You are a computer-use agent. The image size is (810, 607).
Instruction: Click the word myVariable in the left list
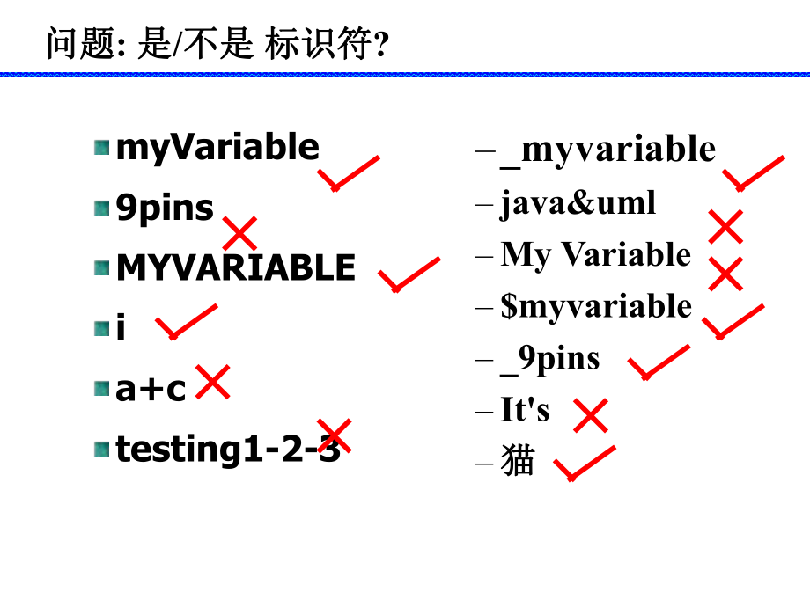217,147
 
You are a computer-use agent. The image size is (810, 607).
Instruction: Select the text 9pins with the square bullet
165,208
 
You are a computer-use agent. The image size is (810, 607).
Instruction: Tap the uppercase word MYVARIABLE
236,267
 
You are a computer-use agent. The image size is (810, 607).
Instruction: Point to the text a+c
151,388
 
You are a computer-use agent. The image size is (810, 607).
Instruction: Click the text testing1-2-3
228,449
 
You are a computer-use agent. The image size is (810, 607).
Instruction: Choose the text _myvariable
607,150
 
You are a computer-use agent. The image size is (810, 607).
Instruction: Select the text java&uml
578,203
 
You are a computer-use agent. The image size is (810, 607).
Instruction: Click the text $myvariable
596,306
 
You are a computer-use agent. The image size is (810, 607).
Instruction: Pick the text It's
525,409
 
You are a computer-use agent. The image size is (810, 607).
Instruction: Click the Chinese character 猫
518,461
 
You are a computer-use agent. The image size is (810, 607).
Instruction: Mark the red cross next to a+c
213,383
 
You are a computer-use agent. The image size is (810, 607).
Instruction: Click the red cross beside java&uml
725,227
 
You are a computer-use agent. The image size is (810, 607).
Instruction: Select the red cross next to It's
591,415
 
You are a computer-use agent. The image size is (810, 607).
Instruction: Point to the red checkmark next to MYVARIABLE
408,275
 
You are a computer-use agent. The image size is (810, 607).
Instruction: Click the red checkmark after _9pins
658,362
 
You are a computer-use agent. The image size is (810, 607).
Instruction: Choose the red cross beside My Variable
725,274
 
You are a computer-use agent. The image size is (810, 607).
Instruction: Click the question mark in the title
381,44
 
